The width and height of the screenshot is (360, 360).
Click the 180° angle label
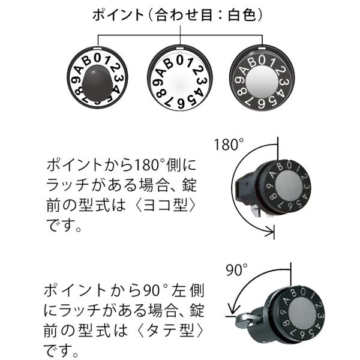click(229, 145)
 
